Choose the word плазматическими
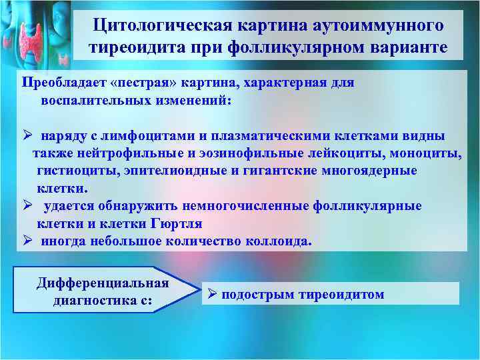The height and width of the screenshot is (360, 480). pos(269,136)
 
